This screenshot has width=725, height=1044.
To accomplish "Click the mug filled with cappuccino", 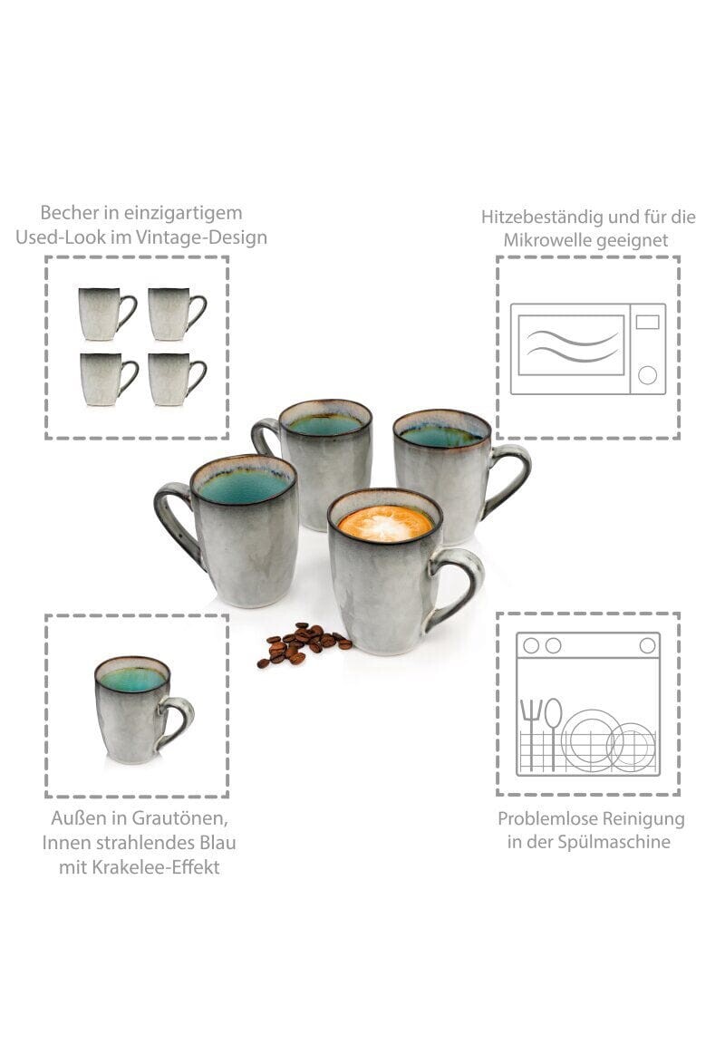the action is click(x=392, y=573).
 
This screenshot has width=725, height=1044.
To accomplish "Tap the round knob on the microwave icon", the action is click(x=647, y=375).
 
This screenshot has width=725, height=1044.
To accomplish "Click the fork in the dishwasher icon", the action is click(x=530, y=731).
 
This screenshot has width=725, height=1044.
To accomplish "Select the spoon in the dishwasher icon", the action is click(x=553, y=732).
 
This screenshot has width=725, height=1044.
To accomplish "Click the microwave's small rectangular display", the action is click(x=647, y=323).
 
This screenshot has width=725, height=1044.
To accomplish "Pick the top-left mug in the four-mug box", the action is click(x=107, y=314).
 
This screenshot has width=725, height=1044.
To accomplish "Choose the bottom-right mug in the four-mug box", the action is click(x=177, y=379).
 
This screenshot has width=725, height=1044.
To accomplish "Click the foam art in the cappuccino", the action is click(x=385, y=523).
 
